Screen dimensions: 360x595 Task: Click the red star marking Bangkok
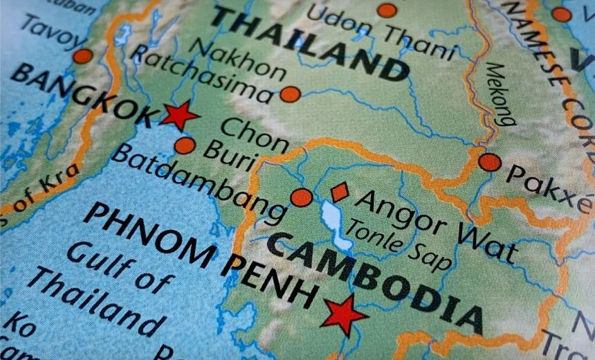(179, 115)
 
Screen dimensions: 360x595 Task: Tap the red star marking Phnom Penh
(344, 314)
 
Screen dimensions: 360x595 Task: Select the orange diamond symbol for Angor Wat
(339, 192)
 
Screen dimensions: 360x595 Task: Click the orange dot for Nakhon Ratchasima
(290, 94)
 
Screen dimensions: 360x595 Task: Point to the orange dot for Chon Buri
(185, 145)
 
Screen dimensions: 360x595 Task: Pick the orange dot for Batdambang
(301, 197)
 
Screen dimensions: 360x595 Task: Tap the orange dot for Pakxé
(490, 162)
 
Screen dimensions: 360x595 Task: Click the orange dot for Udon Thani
(387, 10)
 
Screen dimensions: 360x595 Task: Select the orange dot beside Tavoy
(82, 56)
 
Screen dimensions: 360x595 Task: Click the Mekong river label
(500, 93)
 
